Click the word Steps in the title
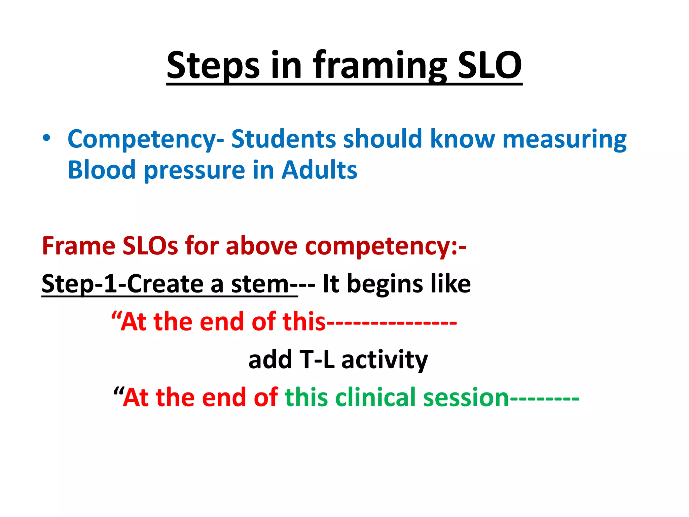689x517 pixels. (x=213, y=65)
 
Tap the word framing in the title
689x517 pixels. (x=380, y=65)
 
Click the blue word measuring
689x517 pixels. (x=564, y=139)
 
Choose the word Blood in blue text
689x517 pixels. (x=102, y=170)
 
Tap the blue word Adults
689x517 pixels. (x=319, y=170)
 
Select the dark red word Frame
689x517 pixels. (x=78, y=246)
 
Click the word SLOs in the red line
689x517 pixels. (x=150, y=246)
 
